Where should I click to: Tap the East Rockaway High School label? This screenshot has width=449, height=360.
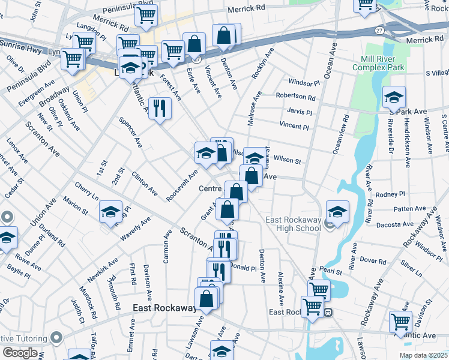[x=293, y=224]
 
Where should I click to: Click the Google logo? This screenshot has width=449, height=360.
[x=19, y=353]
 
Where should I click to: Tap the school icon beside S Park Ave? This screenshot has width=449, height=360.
[x=394, y=97]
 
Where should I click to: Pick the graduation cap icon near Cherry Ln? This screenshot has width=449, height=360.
[x=111, y=212]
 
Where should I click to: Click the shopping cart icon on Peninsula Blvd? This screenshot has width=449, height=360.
[x=146, y=16]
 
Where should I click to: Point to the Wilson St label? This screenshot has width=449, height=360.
[x=287, y=160]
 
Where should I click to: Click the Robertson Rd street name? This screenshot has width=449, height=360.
[x=295, y=96]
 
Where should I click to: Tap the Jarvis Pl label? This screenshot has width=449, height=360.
[x=300, y=112]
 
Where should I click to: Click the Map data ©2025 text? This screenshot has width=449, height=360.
[x=423, y=355]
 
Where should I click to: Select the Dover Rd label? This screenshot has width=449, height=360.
[x=374, y=260]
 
